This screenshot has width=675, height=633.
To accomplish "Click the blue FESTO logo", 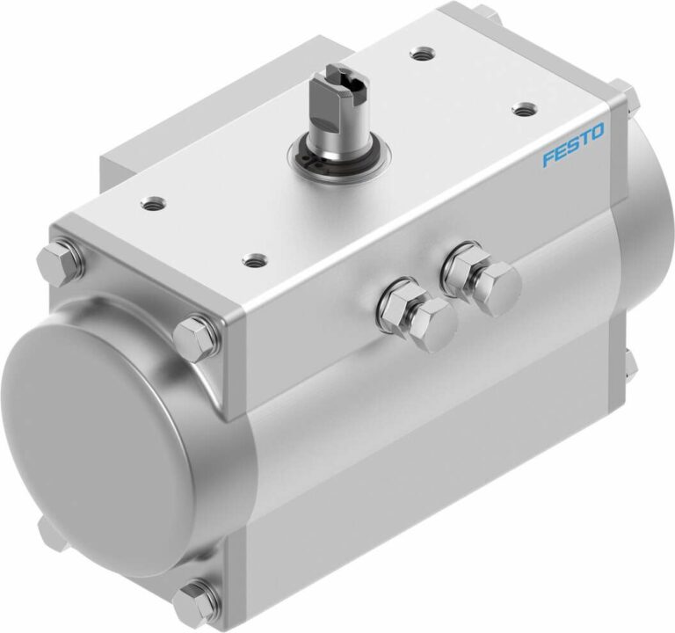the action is pyautogui.click(x=573, y=145).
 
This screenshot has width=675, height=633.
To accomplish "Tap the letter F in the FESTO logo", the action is pyautogui.click(x=548, y=158).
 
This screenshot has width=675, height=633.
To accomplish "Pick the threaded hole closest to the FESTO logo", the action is pyautogui.click(x=525, y=109).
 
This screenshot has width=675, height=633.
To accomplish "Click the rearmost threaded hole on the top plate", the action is pyautogui.click(x=423, y=54).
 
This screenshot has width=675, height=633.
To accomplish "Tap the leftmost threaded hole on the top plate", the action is pyautogui.click(x=153, y=201).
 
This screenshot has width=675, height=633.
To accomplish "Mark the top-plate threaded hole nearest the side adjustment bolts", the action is pyautogui.click(x=255, y=259).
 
